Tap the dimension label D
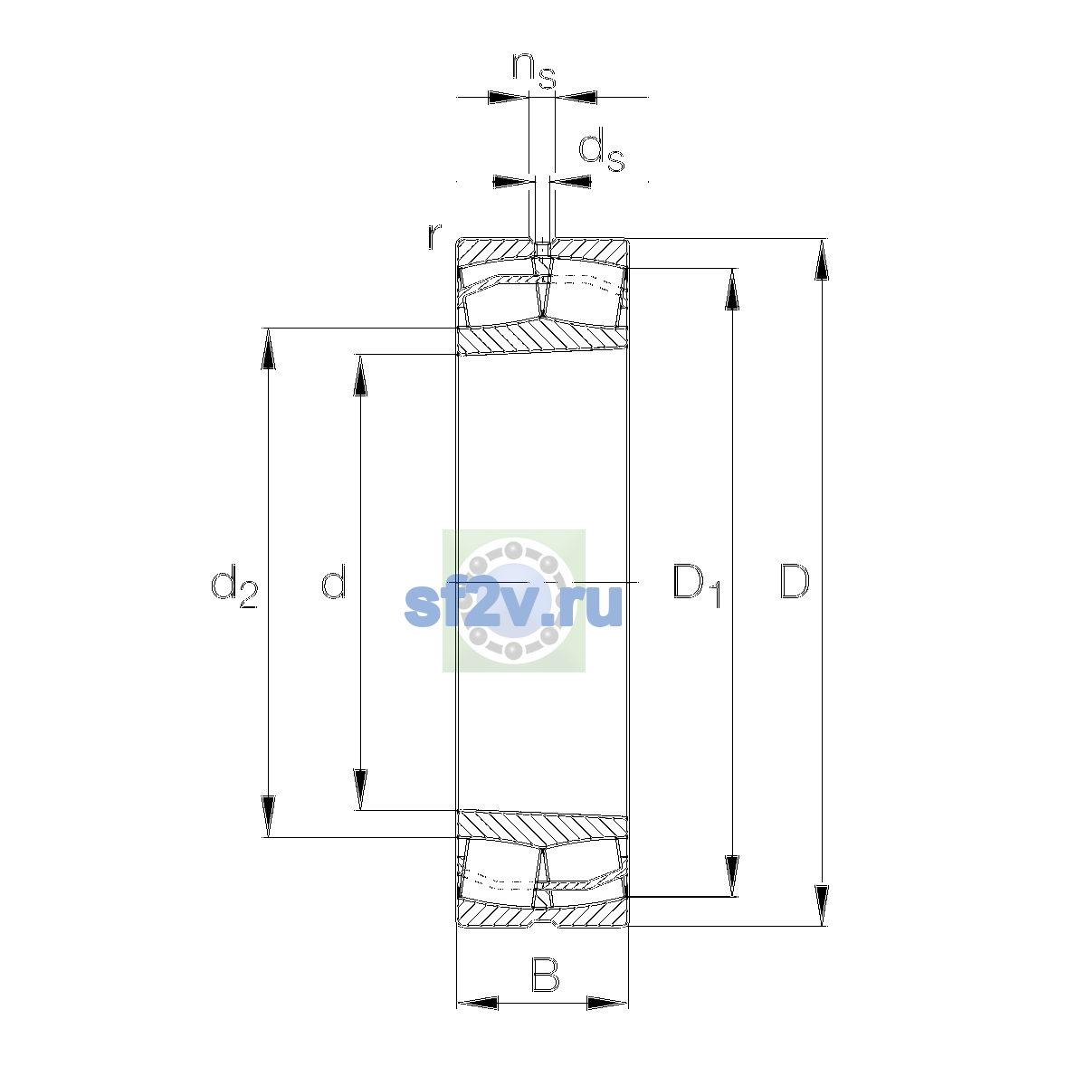[795, 581]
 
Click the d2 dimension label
[233, 586]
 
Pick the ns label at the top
[534, 71]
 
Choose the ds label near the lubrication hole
[602, 149]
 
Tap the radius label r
[433, 236]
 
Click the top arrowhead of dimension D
[822, 259]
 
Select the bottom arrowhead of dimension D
[822, 905]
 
